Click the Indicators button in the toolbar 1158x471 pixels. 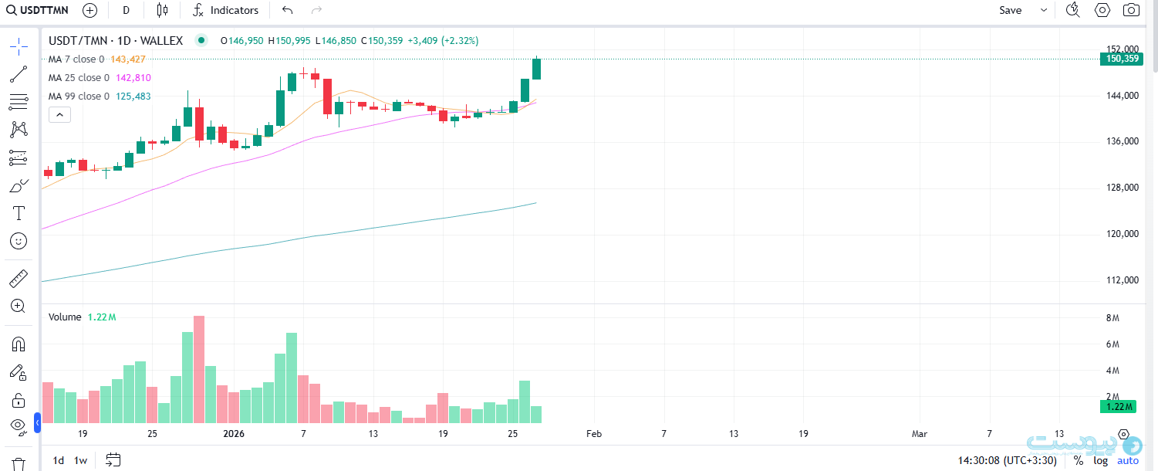(x=225, y=10)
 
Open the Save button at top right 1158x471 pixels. (x=1010, y=10)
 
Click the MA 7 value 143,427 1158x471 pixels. (x=127, y=59)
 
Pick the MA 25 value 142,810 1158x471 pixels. (x=133, y=78)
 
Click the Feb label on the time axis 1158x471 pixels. (x=593, y=434)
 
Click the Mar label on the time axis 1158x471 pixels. (x=920, y=434)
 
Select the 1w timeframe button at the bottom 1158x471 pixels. (x=80, y=460)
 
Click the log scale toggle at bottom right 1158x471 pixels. (x=1100, y=460)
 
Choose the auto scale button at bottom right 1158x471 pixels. (x=1127, y=460)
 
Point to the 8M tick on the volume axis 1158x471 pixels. (x=1112, y=318)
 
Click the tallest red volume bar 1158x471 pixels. (x=199, y=369)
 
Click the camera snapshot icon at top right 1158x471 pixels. (x=1131, y=10)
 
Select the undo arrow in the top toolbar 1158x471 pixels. (x=288, y=10)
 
